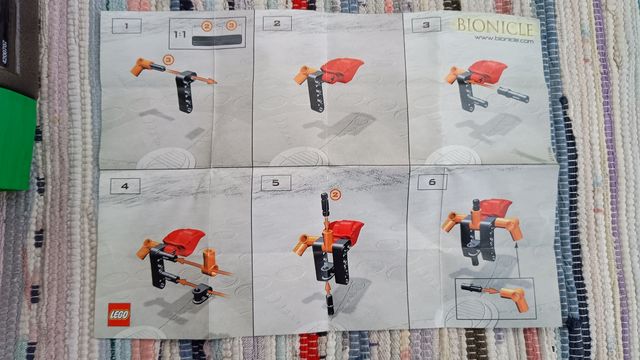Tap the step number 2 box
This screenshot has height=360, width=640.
(276, 22)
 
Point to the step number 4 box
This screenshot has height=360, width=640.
(125, 185)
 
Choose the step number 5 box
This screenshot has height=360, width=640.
(275, 183)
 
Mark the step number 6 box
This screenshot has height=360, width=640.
(430, 185)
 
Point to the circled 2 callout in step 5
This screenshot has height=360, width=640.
(336, 196)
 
